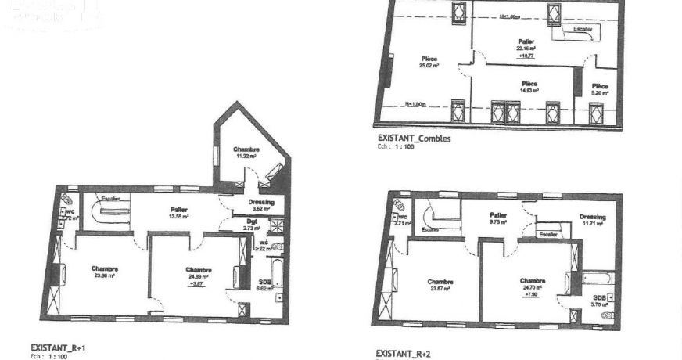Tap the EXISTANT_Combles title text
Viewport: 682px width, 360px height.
pyautogui.click(x=414, y=139)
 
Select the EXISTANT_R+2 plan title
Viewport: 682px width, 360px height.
pyautogui.click(x=403, y=354)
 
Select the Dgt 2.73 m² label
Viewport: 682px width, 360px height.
pyautogui.click(x=251, y=225)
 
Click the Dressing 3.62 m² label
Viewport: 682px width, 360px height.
pyautogui.click(x=261, y=205)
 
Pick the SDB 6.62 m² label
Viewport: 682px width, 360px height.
pyautogui.click(x=264, y=285)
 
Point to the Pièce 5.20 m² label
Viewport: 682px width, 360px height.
pyautogui.click(x=600, y=89)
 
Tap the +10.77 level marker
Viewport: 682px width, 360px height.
pyautogui.click(x=526, y=56)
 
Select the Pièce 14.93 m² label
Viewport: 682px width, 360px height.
pyautogui.click(x=529, y=86)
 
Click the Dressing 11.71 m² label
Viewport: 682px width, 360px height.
pyautogui.click(x=592, y=221)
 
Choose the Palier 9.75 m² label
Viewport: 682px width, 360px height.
pyautogui.click(x=499, y=219)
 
